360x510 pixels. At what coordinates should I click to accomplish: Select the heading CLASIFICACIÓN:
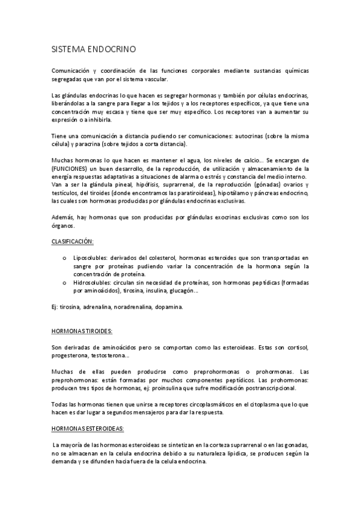72,241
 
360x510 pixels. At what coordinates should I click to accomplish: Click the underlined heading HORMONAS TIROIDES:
82,331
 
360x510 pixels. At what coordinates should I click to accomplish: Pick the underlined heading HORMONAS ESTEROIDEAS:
87,428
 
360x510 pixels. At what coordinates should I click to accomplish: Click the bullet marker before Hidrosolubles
64,281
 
